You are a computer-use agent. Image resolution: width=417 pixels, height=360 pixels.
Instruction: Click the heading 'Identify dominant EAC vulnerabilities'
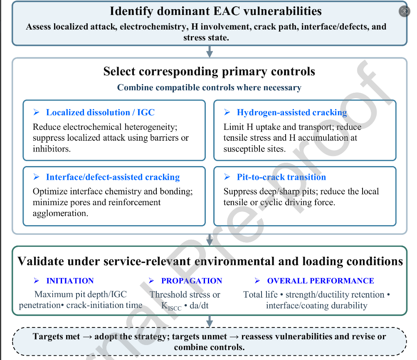216,12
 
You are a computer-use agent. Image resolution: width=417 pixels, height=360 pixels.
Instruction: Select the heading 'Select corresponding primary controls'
209,71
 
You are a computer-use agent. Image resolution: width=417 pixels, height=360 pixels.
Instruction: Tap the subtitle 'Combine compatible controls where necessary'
209,87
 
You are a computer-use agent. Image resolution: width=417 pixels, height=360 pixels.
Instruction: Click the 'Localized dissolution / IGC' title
100,112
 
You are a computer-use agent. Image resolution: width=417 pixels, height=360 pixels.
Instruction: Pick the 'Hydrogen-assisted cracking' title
292,112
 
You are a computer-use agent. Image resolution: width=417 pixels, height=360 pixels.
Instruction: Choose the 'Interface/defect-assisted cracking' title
113,177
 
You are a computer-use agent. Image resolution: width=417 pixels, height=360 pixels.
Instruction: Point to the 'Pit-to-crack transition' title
281,177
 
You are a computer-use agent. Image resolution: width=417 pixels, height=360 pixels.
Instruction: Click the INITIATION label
70,281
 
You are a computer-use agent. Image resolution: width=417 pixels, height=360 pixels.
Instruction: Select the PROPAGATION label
192,281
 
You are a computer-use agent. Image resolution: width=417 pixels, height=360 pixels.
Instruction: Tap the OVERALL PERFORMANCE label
321,281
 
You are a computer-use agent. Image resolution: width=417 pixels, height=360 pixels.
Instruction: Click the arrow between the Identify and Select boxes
210,52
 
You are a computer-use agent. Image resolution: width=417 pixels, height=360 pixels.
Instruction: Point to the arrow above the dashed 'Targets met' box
210,321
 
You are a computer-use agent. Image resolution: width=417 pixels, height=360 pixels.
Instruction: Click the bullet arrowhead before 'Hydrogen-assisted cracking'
227,112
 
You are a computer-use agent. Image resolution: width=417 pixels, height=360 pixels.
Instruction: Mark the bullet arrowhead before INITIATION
37,281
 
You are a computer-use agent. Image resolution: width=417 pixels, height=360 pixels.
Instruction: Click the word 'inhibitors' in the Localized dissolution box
52,149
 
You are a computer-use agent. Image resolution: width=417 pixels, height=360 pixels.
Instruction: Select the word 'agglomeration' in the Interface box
60,213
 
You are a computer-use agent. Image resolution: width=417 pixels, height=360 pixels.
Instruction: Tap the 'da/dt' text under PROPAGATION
199,305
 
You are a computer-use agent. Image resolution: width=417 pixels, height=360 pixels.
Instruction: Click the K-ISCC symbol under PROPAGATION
171,306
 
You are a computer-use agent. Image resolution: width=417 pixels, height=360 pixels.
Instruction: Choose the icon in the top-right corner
404,11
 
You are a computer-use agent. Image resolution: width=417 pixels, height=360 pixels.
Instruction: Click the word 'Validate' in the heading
41,261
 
